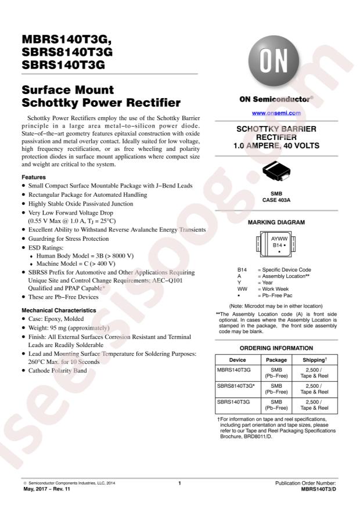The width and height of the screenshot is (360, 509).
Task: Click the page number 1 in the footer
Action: pos(180,483)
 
